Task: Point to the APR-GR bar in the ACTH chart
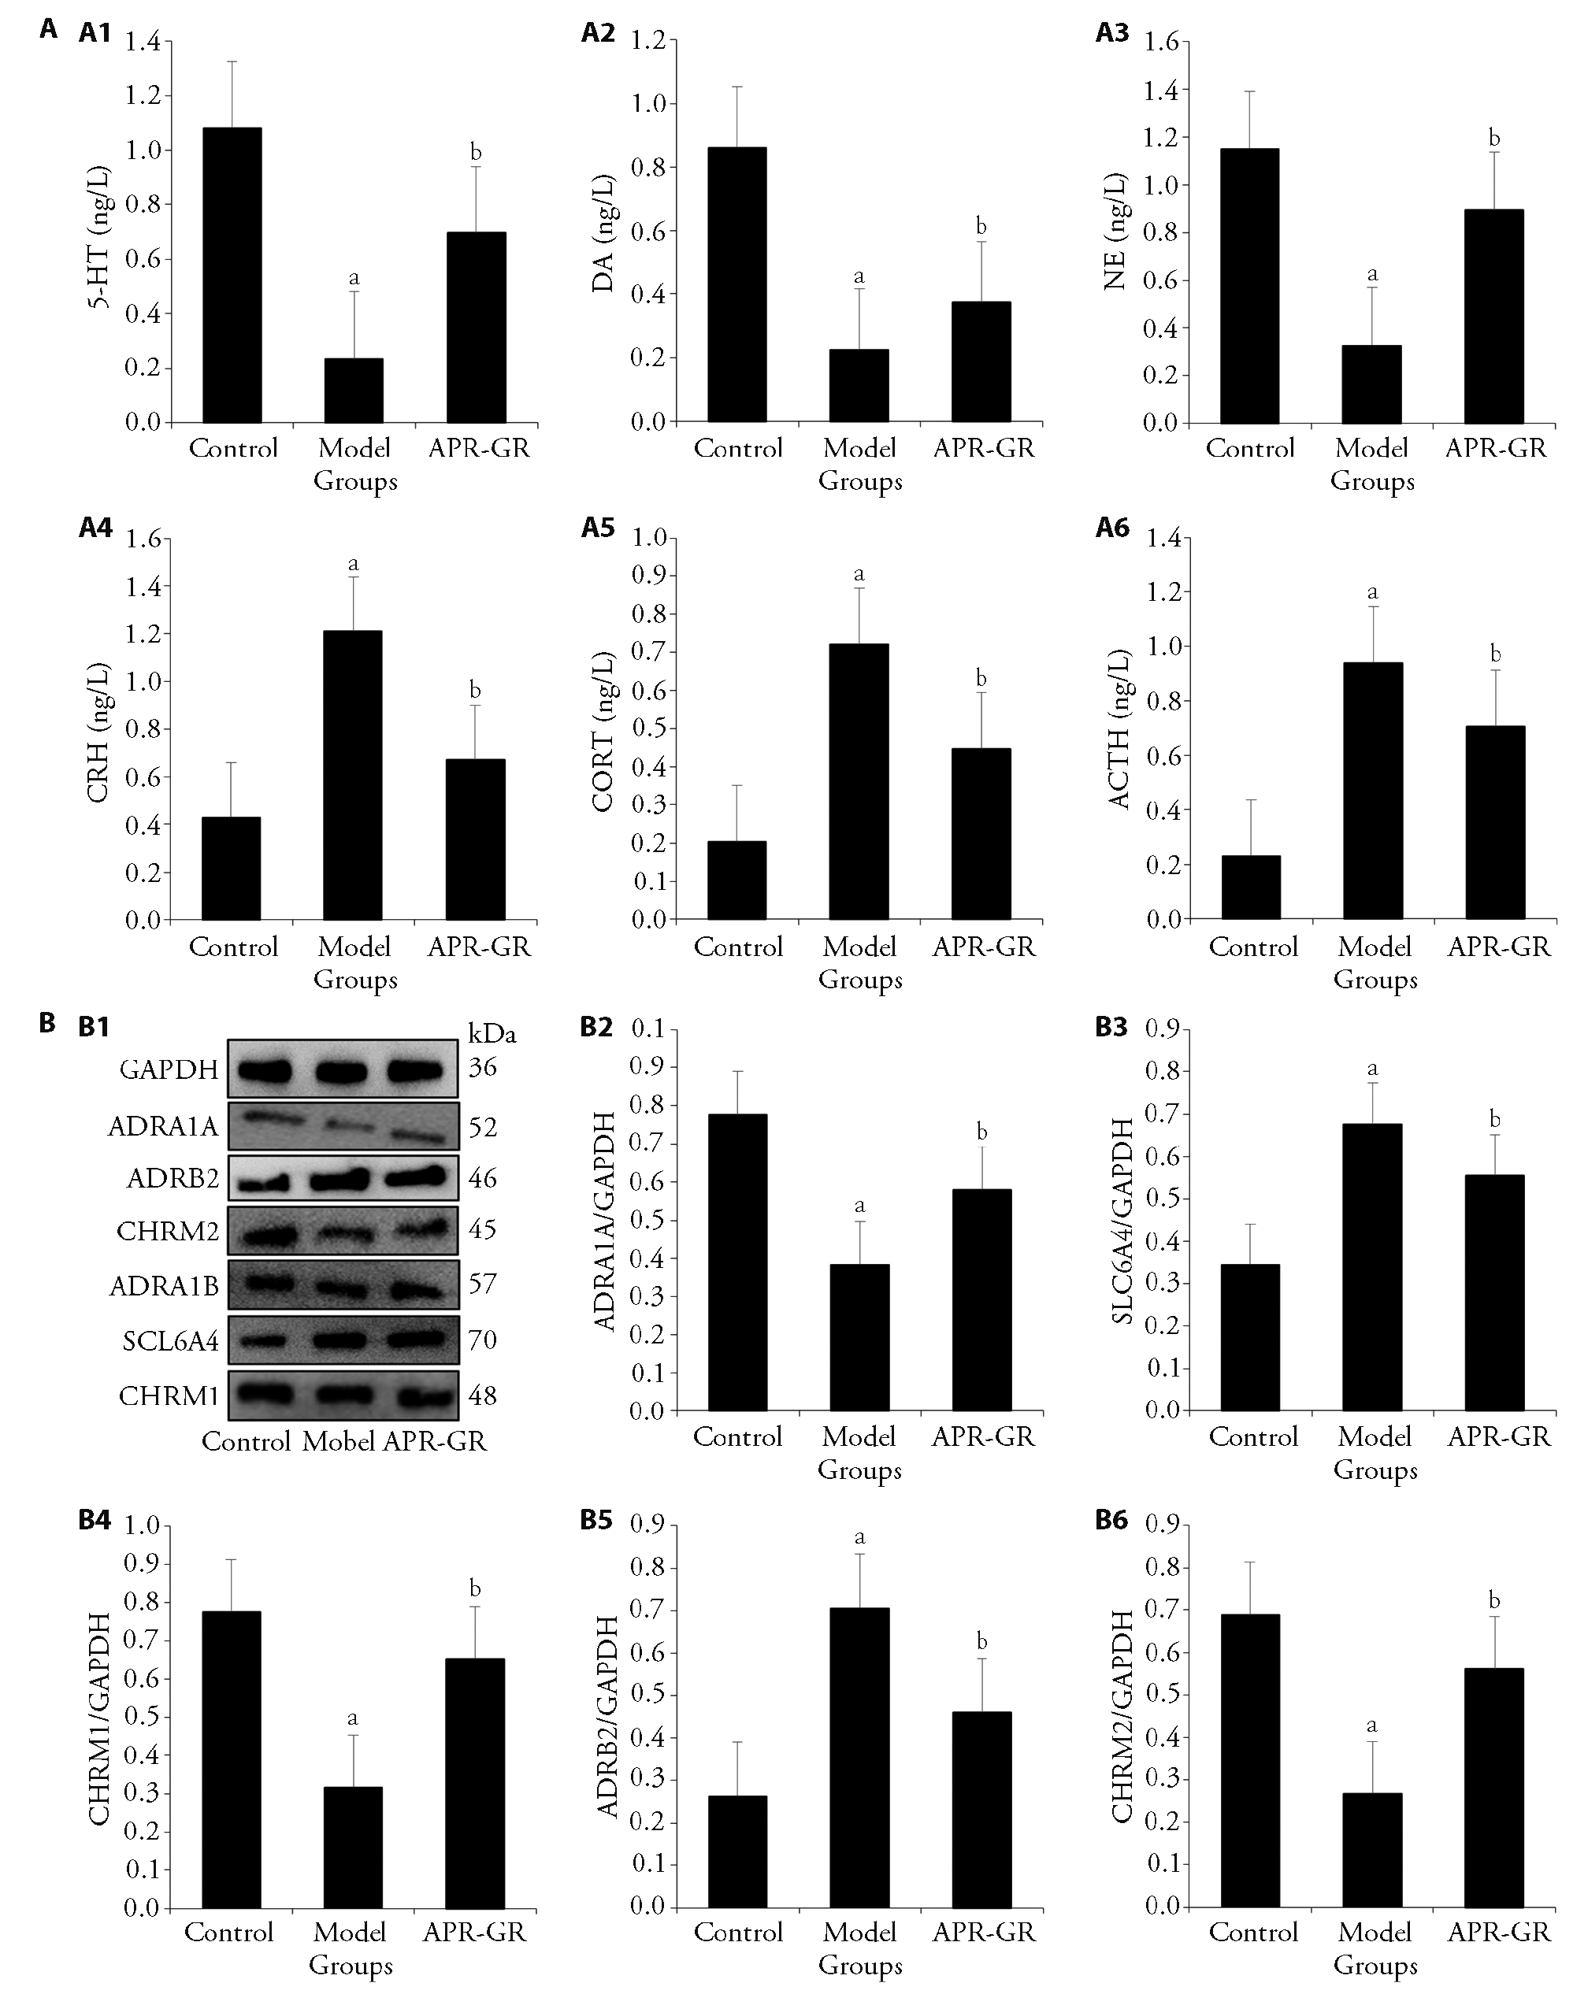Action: pos(1496,822)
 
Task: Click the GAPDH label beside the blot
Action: pos(169,1070)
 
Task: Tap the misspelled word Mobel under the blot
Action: pos(339,1441)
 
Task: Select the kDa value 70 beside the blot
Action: pos(482,1340)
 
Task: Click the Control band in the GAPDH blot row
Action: pos(265,1070)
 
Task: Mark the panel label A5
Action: pos(597,528)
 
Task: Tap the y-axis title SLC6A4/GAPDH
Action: pos(1122,1221)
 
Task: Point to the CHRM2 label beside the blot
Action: pos(168,1231)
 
